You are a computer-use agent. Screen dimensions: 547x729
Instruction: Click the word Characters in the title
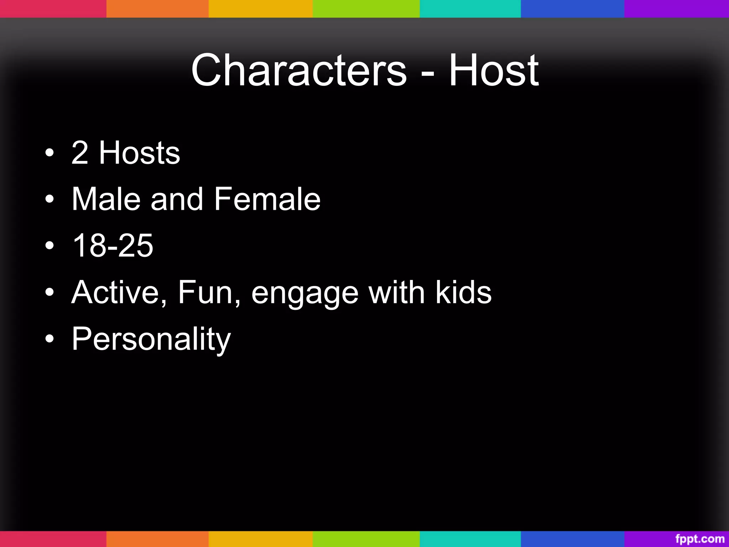pos(299,70)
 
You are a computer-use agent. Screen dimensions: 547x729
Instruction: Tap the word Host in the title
pos(494,70)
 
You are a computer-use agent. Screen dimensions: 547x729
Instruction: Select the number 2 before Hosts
pos(80,153)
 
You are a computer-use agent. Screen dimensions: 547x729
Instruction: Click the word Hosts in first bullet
pos(140,153)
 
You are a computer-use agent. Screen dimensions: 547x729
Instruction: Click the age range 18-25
pos(112,245)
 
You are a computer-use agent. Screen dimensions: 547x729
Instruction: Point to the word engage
pos(305,294)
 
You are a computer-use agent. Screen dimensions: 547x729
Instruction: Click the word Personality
pos(151,339)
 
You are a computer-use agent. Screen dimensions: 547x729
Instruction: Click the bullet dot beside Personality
pos(50,339)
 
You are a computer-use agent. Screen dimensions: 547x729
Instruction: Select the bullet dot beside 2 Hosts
pos(50,153)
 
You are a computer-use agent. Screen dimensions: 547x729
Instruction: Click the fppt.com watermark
pos(700,539)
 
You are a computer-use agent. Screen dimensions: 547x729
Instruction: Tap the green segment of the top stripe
pos(366,9)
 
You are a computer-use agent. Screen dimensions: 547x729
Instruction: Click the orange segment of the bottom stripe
pos(157,539)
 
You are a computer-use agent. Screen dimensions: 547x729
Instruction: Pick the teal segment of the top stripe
pos(470,9)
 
